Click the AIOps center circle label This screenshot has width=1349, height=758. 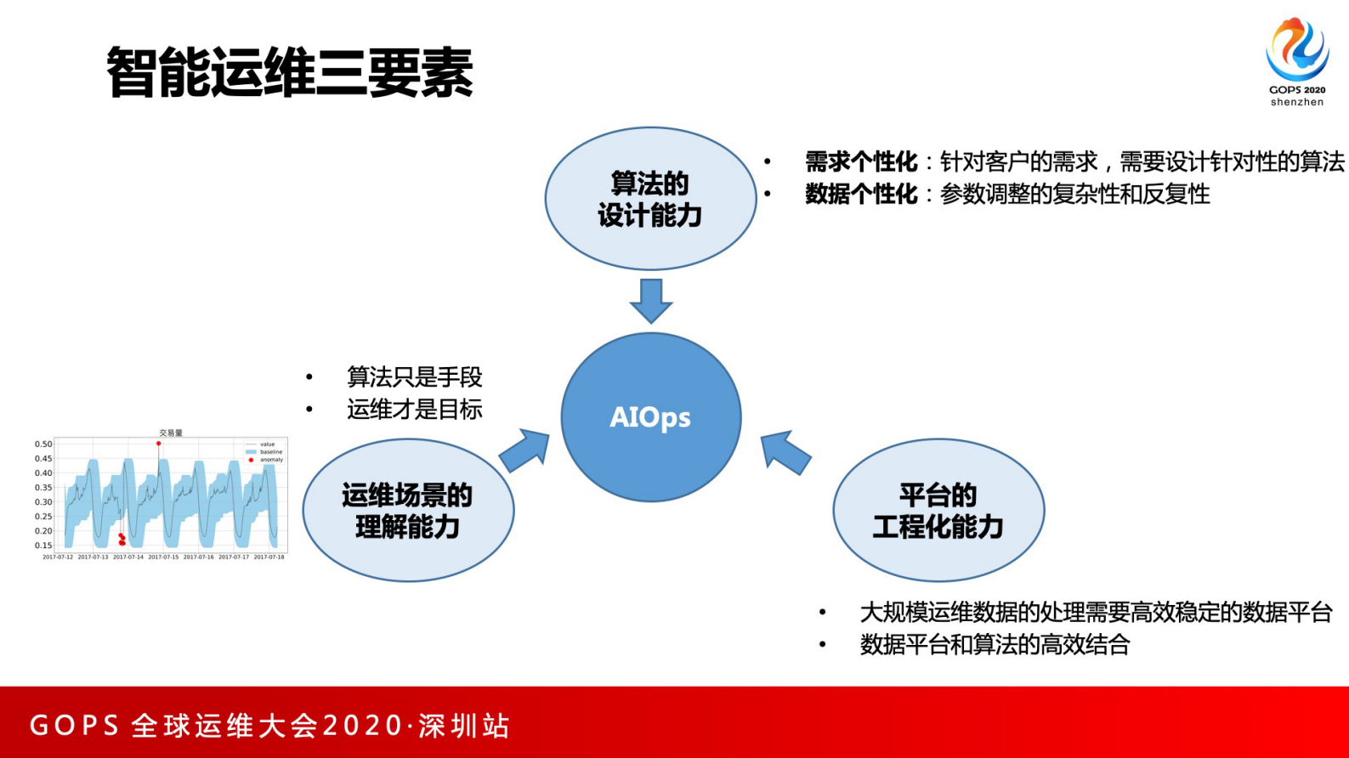[x=650, y=417]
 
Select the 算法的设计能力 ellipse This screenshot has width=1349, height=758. [x=650, y=200]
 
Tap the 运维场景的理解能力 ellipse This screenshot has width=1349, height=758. [x=408, y=511]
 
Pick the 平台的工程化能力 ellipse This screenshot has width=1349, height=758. [x=938, y=511]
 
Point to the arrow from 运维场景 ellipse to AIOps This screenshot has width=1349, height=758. [x=524, y=450]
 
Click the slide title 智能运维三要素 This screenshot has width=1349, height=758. [x=290, y=73]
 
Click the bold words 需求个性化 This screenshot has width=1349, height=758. [x=861, y=161]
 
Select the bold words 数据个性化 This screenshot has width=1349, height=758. [x=861, y=194]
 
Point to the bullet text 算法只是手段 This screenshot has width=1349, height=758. [x=414, y=376]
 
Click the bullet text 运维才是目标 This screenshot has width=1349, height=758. [x=414, y=410]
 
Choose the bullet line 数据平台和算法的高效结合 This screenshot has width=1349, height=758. [x=994, y=644]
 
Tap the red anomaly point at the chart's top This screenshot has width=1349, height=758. [x=158, y=444]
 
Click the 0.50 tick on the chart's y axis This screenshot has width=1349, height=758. [x=43, y=444]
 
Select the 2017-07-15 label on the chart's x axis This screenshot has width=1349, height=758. [x=163, y=557]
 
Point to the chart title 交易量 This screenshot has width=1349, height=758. [x=170, y=433]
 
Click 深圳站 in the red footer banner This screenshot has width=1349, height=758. [x=464, y=726]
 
